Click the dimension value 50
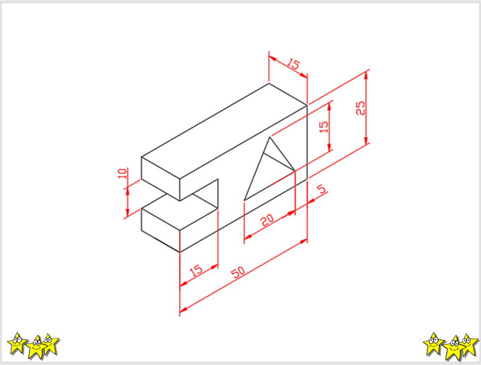[x=238, y=272]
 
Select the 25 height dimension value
[x=360, y=108]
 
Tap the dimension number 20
[x=267, y=219]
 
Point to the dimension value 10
[x=122, y=173]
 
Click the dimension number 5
[x=321, y=189]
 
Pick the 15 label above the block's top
[x=293, y=64]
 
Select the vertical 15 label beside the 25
[x=324, y=127]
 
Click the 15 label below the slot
[x=196, y=270]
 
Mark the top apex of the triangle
[x=270, y=138]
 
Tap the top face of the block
[x=224, y=131]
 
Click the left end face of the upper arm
[x=160, y=178]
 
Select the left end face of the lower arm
[x=160, y=230]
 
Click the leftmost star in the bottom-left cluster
[x=17, y=343]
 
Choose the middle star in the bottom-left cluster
[x=36, y=348]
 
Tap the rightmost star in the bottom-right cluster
[x=469, y=345]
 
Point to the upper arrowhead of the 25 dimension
[x=366, y=74]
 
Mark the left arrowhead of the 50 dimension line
[x=184, y=309]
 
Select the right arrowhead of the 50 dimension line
[x=303, y=242]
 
